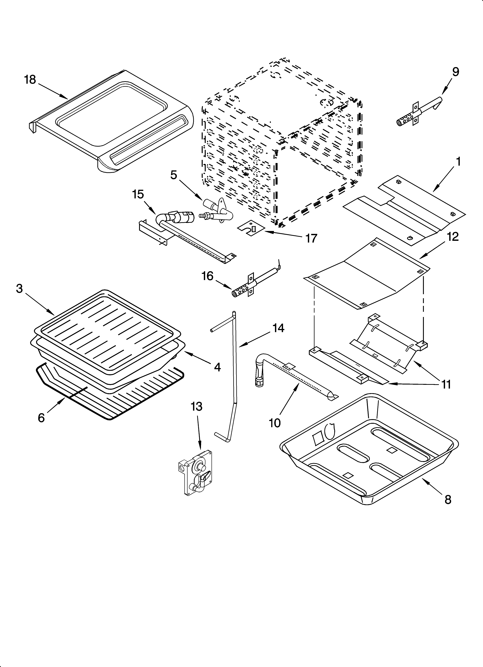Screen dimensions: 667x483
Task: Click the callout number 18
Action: [x=30, y=80]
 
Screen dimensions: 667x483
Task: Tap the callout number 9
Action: [x=455, y=72]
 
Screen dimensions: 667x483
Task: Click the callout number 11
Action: [x=446, y=384]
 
